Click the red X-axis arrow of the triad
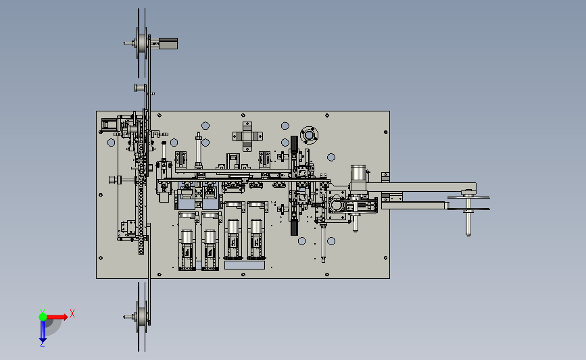tap(57, 317)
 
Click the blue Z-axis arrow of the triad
tap(43, 331)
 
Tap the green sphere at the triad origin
tap(43, 317)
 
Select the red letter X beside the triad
tap(72, 313)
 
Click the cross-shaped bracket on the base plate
tap(247, 136)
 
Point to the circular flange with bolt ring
tap(309, 135)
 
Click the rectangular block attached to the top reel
tap(168, 43)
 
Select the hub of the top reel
tap(142, 43)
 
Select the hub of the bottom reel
tap(142, 317)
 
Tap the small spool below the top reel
tap(140, 88)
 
